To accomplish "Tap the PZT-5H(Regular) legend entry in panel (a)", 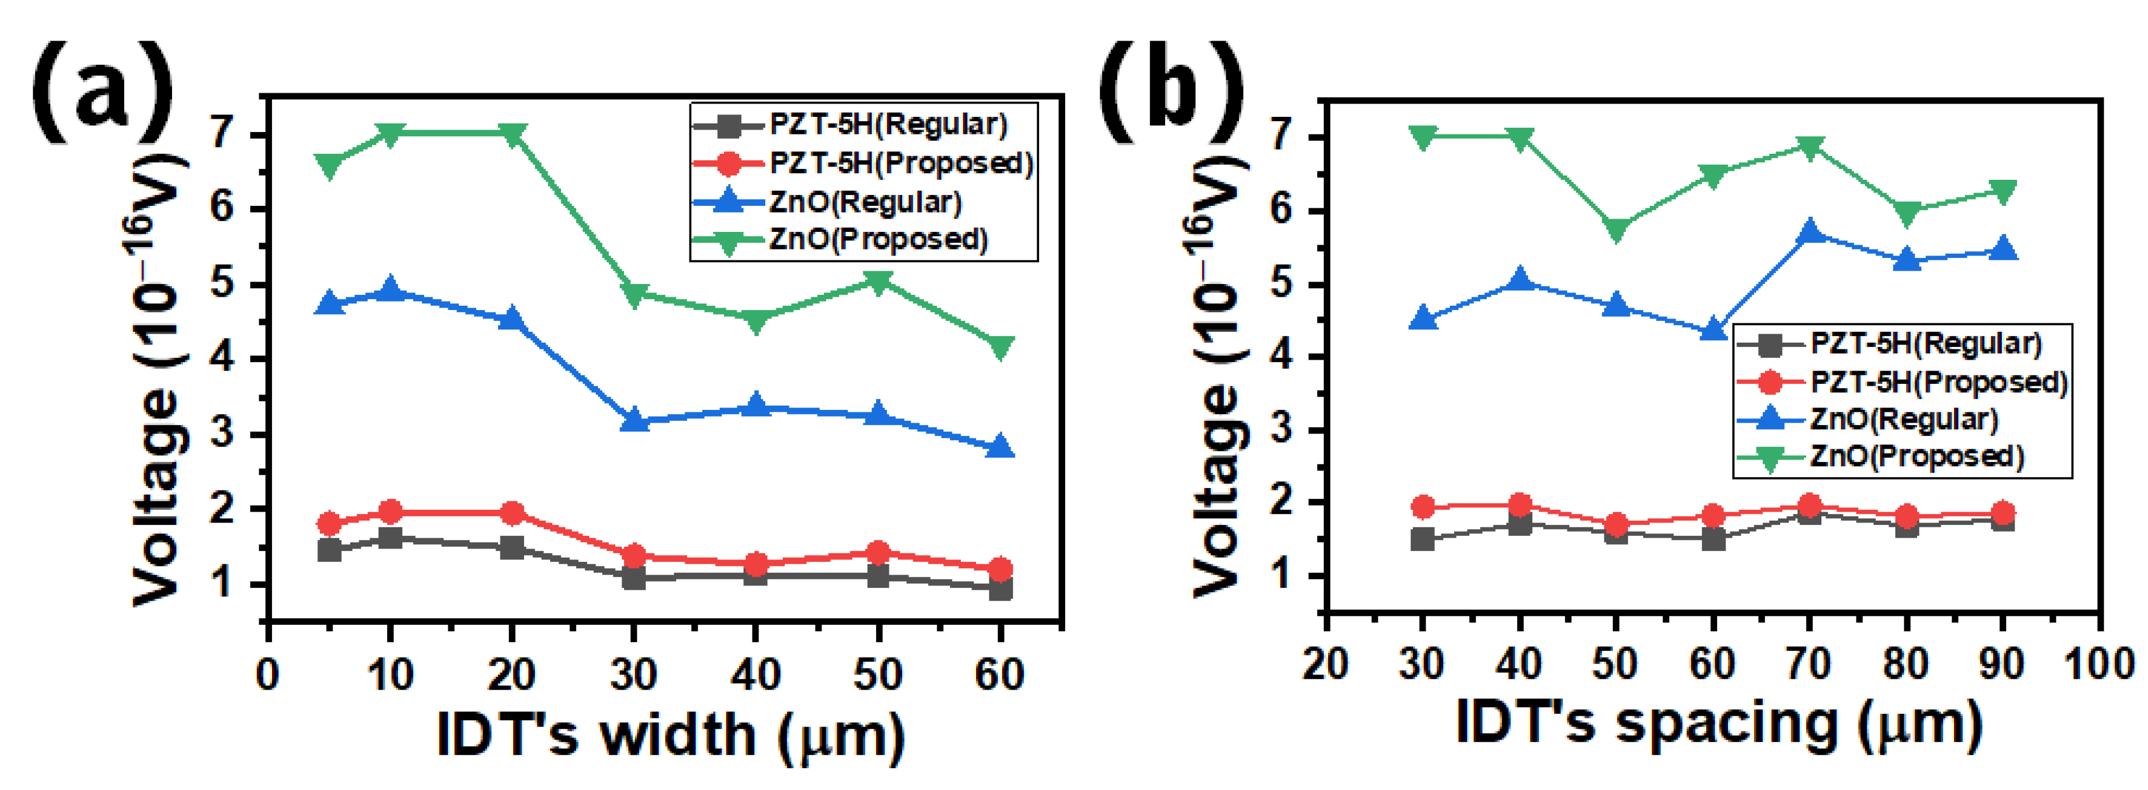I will (x=887, y=125).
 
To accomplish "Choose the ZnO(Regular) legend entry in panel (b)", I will (x=1904, y=419).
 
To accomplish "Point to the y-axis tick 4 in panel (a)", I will (x=222, y=359).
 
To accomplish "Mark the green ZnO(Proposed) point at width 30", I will (x=634, y=294).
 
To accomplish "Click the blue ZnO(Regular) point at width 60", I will (x=1000, y=447).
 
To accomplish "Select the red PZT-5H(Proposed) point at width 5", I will (x=330, y=523).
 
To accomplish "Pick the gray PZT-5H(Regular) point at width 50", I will (x=877, y=575).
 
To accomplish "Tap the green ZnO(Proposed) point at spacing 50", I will (x=1616, y=230).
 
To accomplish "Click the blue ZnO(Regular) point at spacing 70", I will (x=1809, y=232).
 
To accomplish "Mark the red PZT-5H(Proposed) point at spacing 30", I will (x=1423, y=507).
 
